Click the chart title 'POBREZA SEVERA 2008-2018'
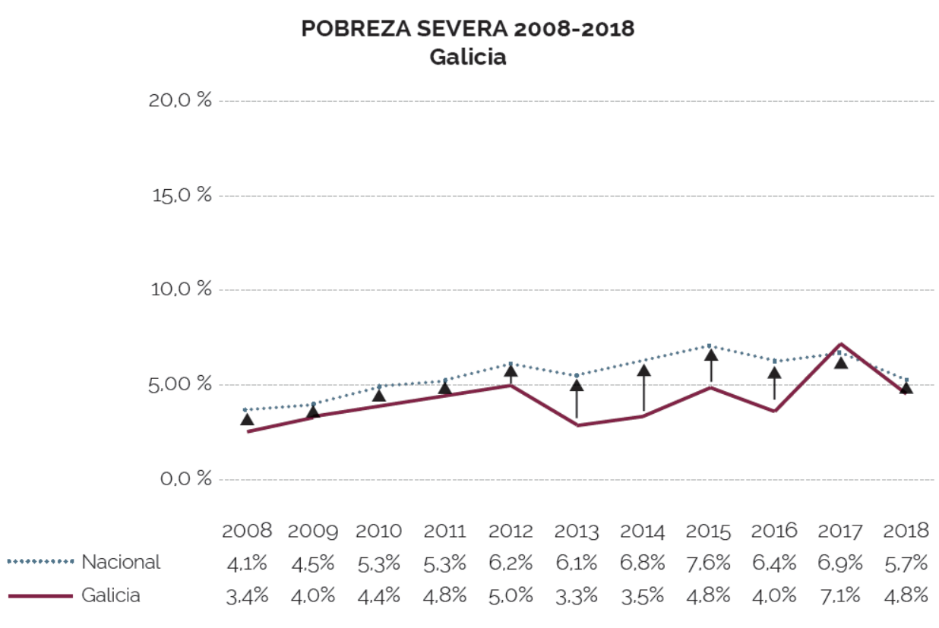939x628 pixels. pos(467,29)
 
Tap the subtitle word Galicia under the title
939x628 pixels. pos(467,57)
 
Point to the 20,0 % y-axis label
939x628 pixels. pos(181,100)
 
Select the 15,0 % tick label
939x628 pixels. pos(181,195)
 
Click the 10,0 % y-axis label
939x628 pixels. pos(181,289)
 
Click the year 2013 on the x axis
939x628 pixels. pos(577,531)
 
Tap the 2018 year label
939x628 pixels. pos(906,530)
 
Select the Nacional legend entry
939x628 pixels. pos(121,562)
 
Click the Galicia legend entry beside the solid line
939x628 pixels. pos(111,595)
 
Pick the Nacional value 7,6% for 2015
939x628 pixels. pos(709,563)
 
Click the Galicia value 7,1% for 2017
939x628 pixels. pos(840,595)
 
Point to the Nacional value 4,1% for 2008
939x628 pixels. pos(248,563)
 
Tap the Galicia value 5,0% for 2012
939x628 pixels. pos(511,595)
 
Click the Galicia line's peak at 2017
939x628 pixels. pos(840,344)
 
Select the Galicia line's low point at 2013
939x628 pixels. pos(577,424)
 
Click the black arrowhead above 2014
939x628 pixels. pos(643,371)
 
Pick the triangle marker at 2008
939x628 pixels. pos(247,419)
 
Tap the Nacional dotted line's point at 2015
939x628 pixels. pos(709,346)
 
